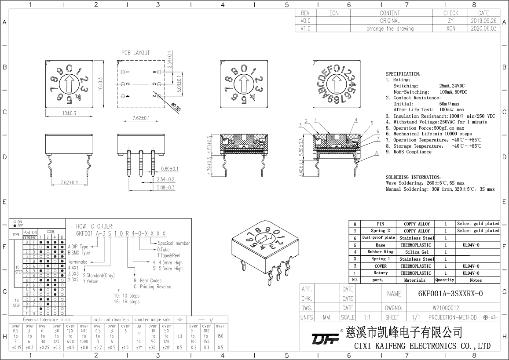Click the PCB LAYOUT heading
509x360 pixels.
pos(135,53)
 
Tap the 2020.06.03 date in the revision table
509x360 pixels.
pos(483,29)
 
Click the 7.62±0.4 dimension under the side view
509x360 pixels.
pos(66,182)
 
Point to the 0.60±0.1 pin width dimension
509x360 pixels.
pos(169,169)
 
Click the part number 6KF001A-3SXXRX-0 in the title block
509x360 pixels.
pos(450,294)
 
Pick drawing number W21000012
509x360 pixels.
pos(446,308)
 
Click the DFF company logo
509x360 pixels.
pos(325,339)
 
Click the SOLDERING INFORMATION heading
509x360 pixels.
pos(413,177)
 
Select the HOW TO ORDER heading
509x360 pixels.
pos(95,225)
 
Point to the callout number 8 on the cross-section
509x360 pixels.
pos(377,153)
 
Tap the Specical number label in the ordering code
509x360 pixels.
pos(174,243)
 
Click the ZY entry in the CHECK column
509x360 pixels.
pos(450,21)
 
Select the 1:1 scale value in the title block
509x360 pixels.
pos(366,317)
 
